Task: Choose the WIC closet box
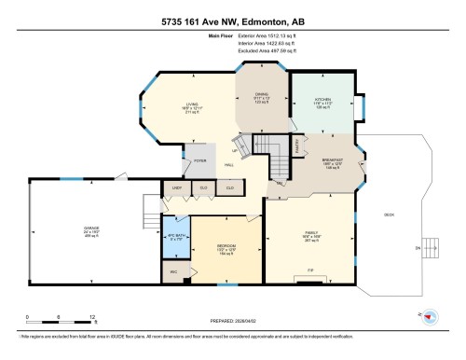(x=172, y=271)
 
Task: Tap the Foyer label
(x=199, y=160)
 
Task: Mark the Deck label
(x=389, y=214)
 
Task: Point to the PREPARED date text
(x=233, y=317)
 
